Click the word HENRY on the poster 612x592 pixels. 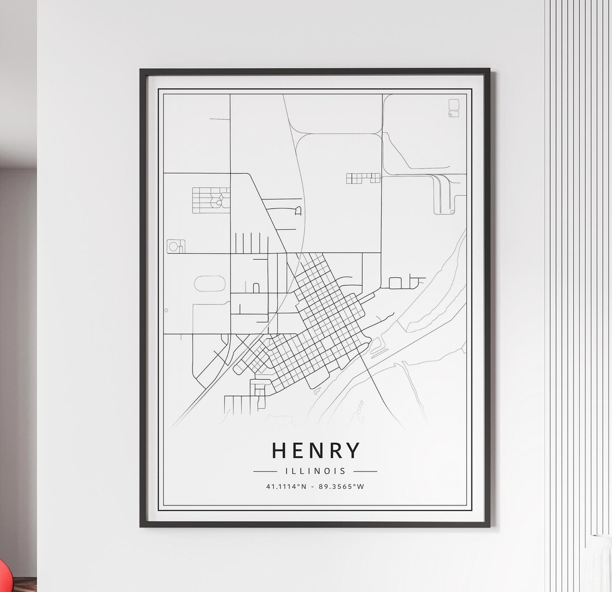click(x=316, y=451)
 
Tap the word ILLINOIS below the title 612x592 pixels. click(x=315, y=471)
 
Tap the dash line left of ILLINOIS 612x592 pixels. click(x=265, y=471)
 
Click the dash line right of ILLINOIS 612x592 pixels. click(x=365, y=471)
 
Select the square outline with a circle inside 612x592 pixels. click(x=176, y=246)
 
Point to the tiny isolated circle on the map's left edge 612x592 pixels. click(x=166, y=310)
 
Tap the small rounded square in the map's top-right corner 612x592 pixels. click(x=454, y=105)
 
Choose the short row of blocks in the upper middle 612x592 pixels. click(x=363, y=178)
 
